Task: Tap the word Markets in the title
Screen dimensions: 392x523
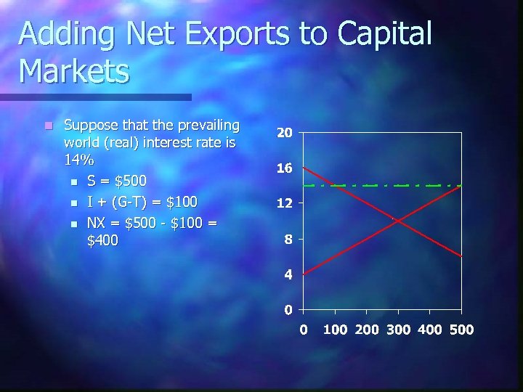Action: (x=75, y=71)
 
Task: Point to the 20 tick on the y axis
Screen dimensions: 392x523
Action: (x=285, y=134)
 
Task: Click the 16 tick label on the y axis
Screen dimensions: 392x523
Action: (x=285, y=168)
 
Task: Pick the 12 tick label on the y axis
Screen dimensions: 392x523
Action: (x=285, y=204)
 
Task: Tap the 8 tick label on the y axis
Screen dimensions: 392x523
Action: (x=288, y=239)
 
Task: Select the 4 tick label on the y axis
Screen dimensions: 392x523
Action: (x=288, y=274)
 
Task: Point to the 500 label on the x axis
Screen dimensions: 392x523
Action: (x=461, y=330)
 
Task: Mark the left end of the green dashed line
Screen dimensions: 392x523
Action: (x=304, y=186)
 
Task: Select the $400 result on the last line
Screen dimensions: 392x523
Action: (x=102, y=240)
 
